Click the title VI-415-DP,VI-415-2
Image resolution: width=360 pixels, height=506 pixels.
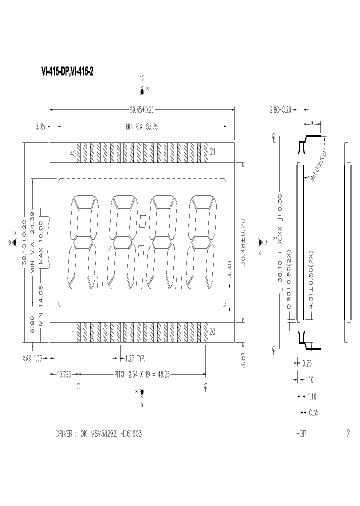pyautogui.click(x=67, y=72)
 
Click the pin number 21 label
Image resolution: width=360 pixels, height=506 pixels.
pyautogui.click(x=212, y=151)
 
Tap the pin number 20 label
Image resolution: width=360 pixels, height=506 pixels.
pyautogui.click(x=212, y=331)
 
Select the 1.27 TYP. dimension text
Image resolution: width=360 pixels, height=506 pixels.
pyautogui.click(x=135, y=358)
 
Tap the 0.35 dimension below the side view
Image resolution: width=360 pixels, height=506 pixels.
pyautogui.click(x=313, y=412)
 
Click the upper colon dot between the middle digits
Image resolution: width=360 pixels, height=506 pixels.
pyautogui.click(x=143, y=218)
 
